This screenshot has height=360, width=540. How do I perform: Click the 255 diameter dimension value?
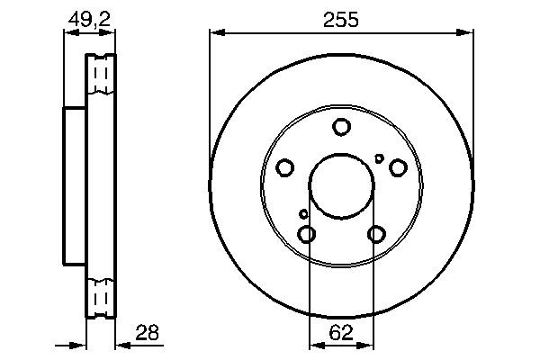coord(341,19)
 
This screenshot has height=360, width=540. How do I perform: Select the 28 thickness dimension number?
coord(146,332)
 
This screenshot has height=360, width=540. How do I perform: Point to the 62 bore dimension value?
coord(341,332)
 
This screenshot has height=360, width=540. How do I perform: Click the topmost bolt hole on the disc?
coord(341,127)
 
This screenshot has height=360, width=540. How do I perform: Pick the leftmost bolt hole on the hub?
coord(284,167)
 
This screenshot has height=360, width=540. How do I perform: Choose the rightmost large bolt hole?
coord(397,167)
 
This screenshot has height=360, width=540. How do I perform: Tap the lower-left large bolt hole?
coord(307,235)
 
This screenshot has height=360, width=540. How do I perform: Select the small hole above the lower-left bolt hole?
coord(303,214)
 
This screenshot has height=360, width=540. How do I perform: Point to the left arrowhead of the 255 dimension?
coord(215,33)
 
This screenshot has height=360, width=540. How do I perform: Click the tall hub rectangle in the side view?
coord(74,186)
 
